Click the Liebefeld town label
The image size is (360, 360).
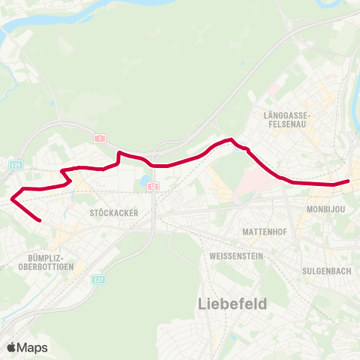pos(232,304)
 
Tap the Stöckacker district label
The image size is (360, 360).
pos(113,213)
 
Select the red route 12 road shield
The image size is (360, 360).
pos(152,186)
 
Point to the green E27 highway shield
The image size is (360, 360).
pos(98,279)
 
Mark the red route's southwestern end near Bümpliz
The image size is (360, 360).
pos(39,221)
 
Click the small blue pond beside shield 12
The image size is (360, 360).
pos(143,181)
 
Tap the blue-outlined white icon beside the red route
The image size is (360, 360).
pos(238,148)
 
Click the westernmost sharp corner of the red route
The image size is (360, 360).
pos(12,199)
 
